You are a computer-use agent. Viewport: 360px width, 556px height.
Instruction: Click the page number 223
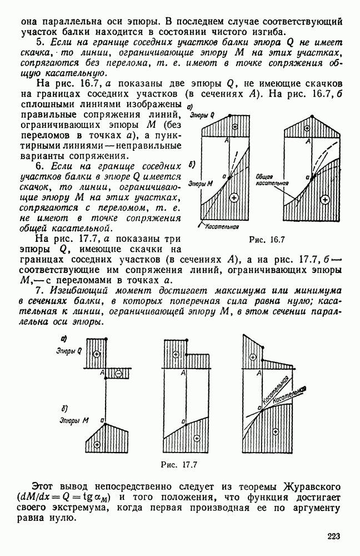point(333,537)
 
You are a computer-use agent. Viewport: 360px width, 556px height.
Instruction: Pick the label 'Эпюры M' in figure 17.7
point(71,420)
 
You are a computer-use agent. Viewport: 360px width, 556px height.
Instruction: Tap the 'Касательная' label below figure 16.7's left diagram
point(221,226)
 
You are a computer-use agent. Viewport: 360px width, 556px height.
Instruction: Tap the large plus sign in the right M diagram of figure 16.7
point(326,198)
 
